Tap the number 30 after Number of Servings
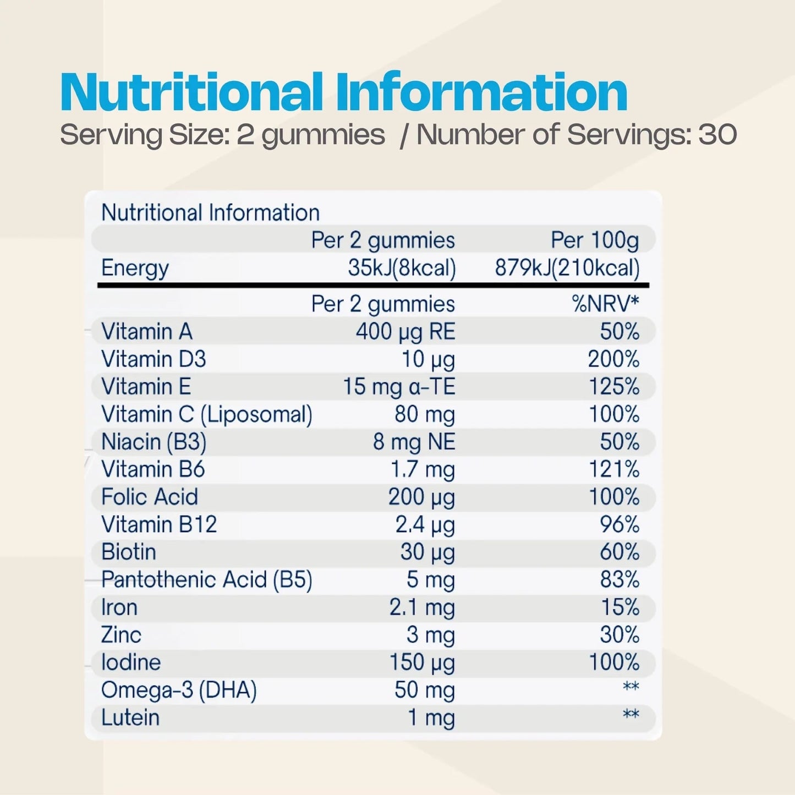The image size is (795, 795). click(x=718, y=135)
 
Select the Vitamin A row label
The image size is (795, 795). click(x=147, y=332)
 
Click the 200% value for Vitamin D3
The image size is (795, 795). click(x=613, y=359)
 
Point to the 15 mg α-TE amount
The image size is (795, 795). click(x=399, y=387)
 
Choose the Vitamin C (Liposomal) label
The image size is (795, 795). click(x=207, y=414)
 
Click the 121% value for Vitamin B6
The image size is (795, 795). click(x=614, y=469)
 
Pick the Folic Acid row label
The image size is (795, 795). click(x=150, y=497)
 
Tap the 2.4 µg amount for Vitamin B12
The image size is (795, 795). click(x=425, y=525)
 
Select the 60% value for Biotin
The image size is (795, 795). click(x=619, y=552)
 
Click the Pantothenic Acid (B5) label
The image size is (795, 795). click(x=207, y=580)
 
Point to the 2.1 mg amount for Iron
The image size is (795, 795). click(x=422, y=607)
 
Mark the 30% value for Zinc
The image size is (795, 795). click(x=619, y=635)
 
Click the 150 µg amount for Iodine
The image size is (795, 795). click(x=422, y=662)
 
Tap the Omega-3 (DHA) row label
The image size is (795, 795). click(x=179, y=690)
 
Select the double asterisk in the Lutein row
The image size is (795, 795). click(x=630, y=715)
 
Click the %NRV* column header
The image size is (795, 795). click(x=605, y=304)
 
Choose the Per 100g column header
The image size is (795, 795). click(x=595, y=240)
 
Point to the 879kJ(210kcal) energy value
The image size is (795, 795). click(x=567, y=268)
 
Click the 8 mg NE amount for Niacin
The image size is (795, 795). click(x=414, y=442)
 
